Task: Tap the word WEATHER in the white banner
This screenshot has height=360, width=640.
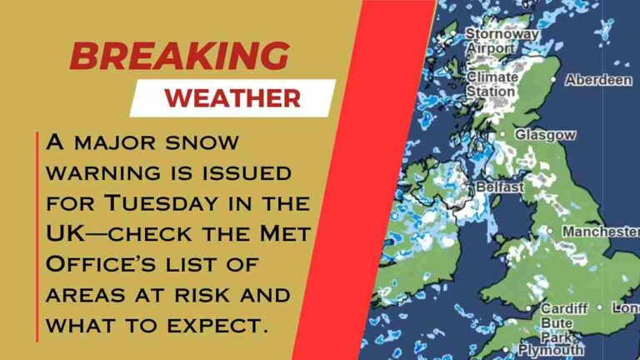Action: pyautogui.click(x=232, y=97)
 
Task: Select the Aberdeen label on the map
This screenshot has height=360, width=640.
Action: pyautogui.click(x=598, y=80)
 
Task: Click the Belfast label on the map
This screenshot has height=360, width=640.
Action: pyautogui.click(x=499, y=187)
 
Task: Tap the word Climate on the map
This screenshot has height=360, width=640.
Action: pyautogui.click(x=492, y=77)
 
